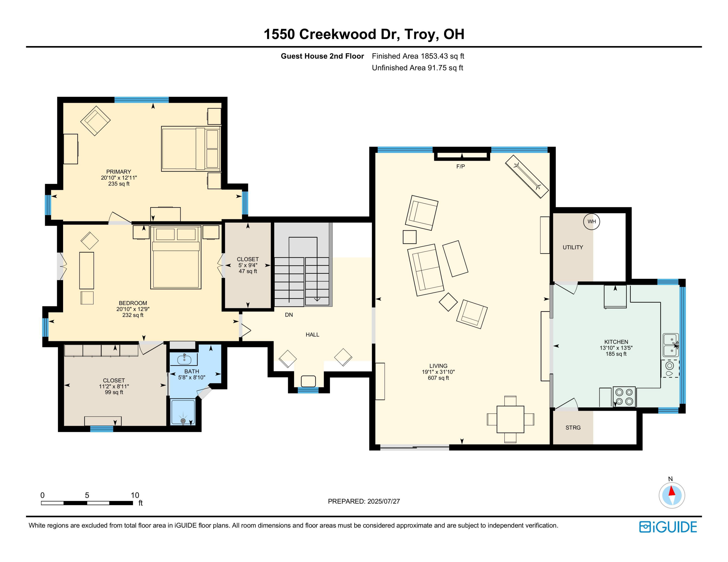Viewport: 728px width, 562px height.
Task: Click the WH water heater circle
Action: [x=591, y=221]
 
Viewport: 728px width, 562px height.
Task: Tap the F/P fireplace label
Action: [x=460, y=167]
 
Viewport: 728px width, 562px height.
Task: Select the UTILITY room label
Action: [x=573, y=247]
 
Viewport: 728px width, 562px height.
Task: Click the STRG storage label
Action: [x=573, y=427]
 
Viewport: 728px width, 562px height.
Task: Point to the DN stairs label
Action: [x=289, y=315]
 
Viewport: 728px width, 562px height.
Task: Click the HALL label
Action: [x=312, y=335]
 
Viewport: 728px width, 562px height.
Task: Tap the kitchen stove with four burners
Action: [x=624, y=397]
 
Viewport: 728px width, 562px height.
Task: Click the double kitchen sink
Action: [x=670, y=345]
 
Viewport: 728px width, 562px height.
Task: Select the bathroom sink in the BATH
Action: [x=184, y=360]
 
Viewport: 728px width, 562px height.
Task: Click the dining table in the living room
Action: [x=510, y=419]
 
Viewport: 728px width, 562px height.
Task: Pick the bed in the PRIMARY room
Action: [x=191, y=149]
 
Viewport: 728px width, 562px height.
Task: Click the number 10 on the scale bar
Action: [x=135, y=495]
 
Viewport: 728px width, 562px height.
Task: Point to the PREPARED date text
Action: [x=364, y=501]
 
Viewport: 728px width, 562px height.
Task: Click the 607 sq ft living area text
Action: [x=438, y=378]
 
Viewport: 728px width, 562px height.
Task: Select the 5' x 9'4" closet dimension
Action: [x=248, y=265]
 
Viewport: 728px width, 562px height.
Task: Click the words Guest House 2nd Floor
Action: [x=322, y=56]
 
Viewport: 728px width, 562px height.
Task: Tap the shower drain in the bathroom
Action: [x=183, y=421]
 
